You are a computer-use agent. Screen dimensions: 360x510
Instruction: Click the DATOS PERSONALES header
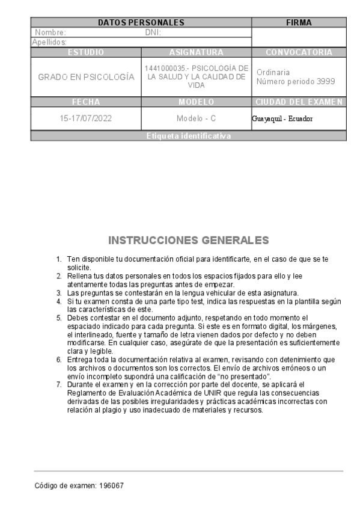141,23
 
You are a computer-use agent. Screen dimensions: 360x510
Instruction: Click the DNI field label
153,32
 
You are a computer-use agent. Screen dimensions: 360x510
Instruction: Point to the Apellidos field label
49,41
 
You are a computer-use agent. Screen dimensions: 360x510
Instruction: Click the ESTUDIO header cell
85,52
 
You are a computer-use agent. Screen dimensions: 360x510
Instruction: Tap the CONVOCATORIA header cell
299,52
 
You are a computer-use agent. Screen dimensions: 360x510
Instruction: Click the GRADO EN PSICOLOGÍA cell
85,77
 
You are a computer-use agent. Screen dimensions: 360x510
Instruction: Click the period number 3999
325,82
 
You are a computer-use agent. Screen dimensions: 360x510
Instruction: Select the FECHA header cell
85,102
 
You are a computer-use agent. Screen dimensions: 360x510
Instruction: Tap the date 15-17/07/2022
85,118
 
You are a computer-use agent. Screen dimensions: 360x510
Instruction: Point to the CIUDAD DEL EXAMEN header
299,102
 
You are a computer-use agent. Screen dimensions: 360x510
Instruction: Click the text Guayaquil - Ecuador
282,118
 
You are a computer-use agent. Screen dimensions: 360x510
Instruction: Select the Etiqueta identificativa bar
188,136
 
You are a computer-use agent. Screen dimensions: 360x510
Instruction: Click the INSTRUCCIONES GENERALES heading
188,241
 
